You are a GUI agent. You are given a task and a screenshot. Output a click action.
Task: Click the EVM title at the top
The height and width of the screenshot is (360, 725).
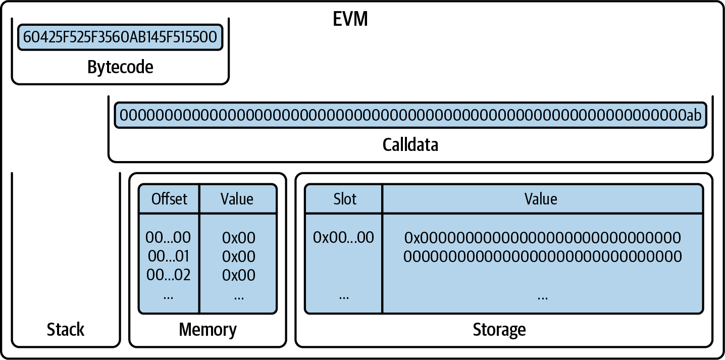coord(350,19)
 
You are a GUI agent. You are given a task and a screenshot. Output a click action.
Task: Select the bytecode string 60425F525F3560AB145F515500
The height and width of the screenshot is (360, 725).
coord(120,37)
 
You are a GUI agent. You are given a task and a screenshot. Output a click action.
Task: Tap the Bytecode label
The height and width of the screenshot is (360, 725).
coord(120,67)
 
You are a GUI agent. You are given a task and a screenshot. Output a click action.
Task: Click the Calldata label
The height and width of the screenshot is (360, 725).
coord(410,144)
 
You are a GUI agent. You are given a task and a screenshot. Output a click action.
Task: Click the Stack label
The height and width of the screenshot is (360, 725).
coord(66,330)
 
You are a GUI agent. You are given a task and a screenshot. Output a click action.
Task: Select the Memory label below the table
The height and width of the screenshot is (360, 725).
coord(208,330)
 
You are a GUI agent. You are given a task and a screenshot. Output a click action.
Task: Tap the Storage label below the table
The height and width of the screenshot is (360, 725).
coord(499,330)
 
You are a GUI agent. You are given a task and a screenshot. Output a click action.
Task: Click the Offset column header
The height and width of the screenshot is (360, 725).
coord(169,199)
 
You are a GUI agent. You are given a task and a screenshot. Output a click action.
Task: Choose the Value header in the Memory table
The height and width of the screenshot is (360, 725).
coord(237,199)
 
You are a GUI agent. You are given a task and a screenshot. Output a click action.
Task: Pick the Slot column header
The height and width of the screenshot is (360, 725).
coord(344,199)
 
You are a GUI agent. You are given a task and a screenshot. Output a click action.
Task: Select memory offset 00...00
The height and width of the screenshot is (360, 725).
coord(168,237)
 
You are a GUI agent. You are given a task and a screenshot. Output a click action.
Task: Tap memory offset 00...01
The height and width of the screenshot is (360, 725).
coord(168,256)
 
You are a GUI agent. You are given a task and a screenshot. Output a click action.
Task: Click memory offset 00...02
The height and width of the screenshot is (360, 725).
coord(168,275)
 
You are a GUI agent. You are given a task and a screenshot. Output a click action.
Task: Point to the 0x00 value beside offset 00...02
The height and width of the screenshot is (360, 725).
coord(238,275)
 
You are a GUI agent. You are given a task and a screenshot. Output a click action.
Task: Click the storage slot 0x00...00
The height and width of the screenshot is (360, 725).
coord(343,237)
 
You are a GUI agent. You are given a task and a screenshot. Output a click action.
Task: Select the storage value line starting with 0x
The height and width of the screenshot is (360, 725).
coord(542,237)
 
